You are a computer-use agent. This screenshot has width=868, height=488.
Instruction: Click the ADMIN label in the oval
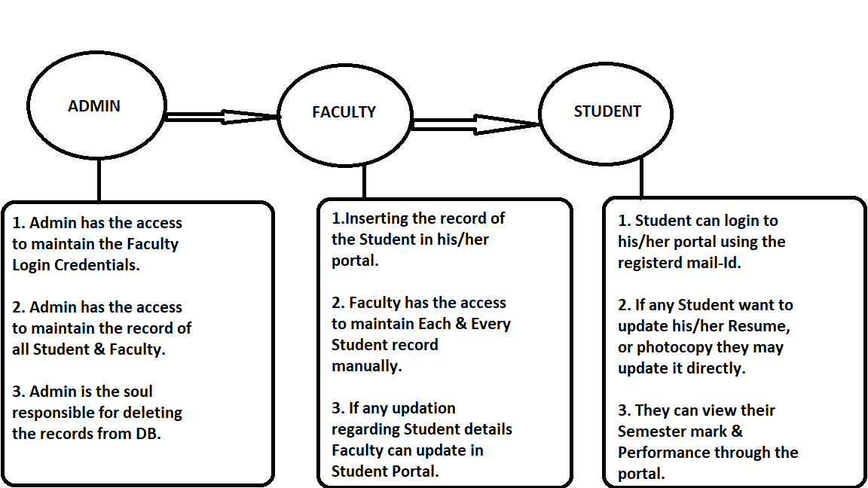[x=94, y=106]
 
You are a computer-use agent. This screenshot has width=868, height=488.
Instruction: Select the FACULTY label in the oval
[x=344, y=112]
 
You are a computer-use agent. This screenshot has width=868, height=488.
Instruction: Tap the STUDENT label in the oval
[x=607, y=111]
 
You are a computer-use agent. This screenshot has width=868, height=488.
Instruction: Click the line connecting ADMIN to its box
[x=99, y=181]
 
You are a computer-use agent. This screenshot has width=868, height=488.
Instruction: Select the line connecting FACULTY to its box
[x=365, y=181]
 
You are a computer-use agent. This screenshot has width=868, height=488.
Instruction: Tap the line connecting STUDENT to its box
[x=641, y=179]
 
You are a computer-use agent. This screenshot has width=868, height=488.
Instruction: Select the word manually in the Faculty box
[x=366, y=366]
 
